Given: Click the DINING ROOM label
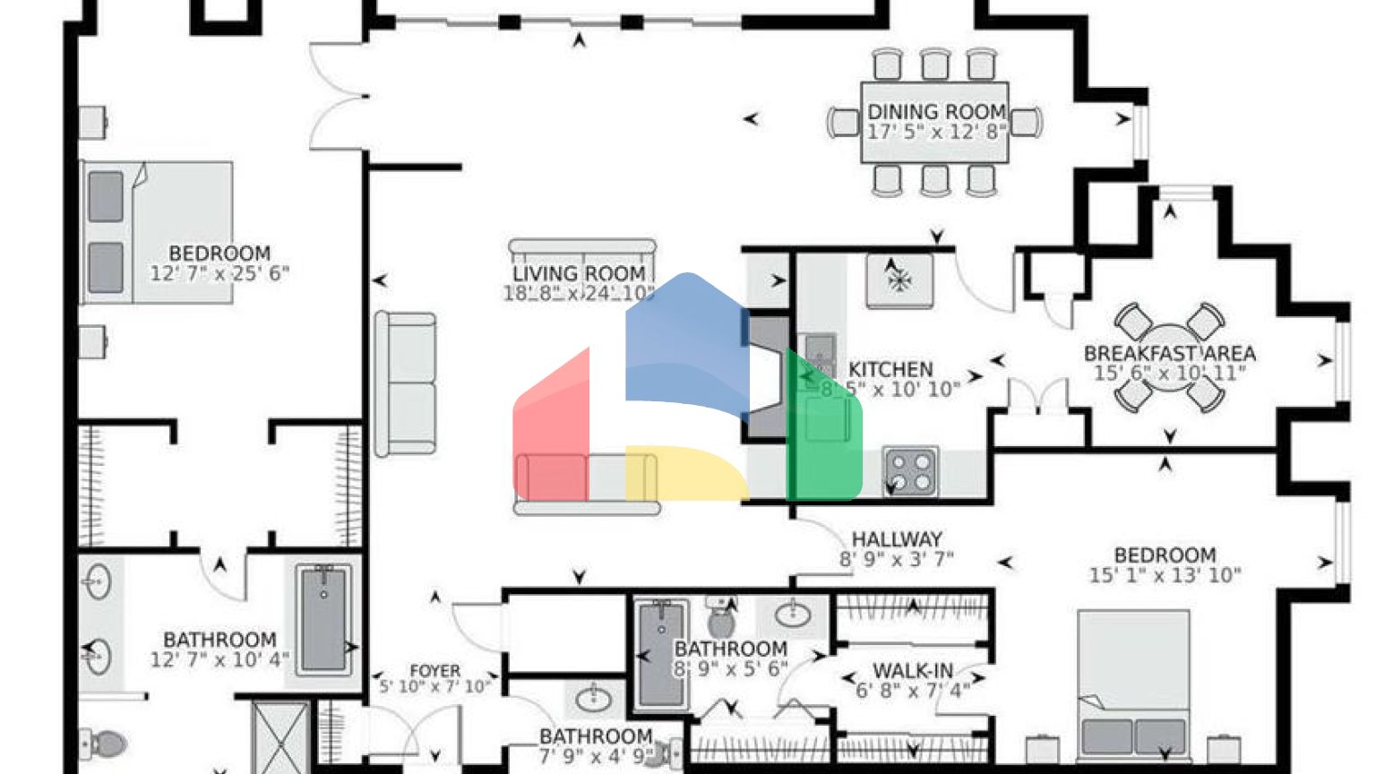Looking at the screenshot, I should click(936, 112).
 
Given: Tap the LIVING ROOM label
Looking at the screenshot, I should click(579, 273).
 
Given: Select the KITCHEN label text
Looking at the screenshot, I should click(890, 369).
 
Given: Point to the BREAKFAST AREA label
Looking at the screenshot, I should click(1169, 353).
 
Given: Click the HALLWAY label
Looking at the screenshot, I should click(896, 539).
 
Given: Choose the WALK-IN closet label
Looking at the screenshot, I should click(913, 671).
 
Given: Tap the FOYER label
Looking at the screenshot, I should click(435, 671).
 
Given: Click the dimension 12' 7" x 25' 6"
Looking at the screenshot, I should click(219, 274).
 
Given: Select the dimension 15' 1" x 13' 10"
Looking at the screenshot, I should click(1165, 576).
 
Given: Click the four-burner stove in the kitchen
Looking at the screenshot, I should click(910, 470).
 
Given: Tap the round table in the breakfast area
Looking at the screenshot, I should click(1169, 357).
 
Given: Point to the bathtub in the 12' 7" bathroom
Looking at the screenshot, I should click(322, 620).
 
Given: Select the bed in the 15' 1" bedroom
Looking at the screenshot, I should click(1133, 685).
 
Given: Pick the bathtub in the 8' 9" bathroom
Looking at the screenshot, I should click(661, 654).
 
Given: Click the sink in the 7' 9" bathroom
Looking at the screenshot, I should click(592, 696).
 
